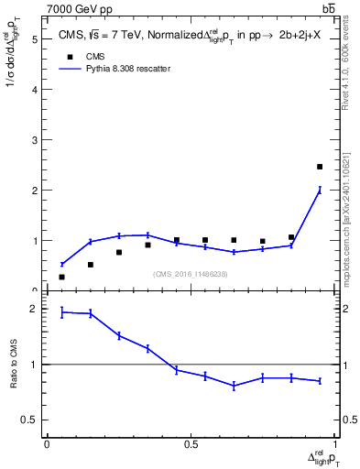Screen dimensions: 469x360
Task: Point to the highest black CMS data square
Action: (x=320, y=167)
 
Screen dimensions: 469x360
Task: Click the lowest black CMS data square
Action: (x=61, y=277)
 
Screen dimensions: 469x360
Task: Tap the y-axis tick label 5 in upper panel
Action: (x=34, y=39)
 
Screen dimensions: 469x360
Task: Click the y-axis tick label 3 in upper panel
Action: (x=34, y=140)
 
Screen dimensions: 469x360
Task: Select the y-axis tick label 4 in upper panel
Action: (x=34, y=90)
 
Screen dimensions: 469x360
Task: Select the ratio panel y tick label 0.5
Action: (x=31, y=420)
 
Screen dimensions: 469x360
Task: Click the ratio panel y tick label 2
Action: (x=34, y=309)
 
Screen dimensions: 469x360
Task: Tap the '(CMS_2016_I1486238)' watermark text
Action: (x=191, y=274)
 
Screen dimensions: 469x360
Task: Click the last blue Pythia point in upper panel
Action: (x=320, y=191)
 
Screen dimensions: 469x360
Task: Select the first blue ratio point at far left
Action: (x=61, y=312)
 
